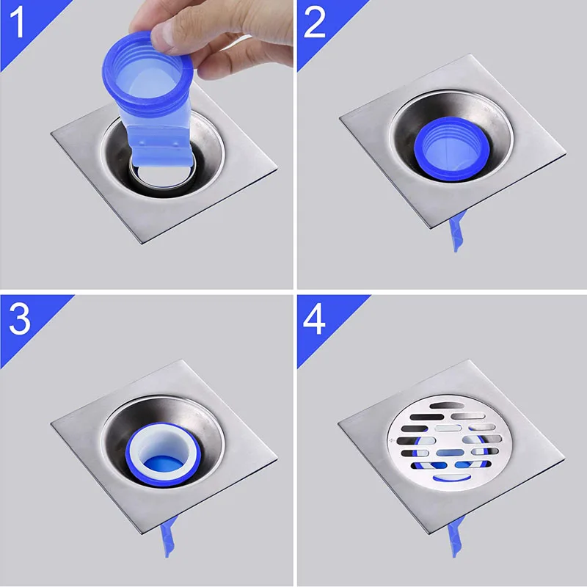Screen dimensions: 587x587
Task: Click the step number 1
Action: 17,23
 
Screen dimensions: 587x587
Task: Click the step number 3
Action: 20,319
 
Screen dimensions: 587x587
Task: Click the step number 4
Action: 314,319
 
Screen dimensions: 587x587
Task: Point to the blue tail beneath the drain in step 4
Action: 456,536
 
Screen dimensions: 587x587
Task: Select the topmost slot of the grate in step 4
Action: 447,406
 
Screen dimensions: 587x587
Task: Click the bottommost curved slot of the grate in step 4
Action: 452,478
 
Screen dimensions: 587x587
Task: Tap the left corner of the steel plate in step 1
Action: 51,132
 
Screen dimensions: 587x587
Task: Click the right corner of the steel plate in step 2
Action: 566,153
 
